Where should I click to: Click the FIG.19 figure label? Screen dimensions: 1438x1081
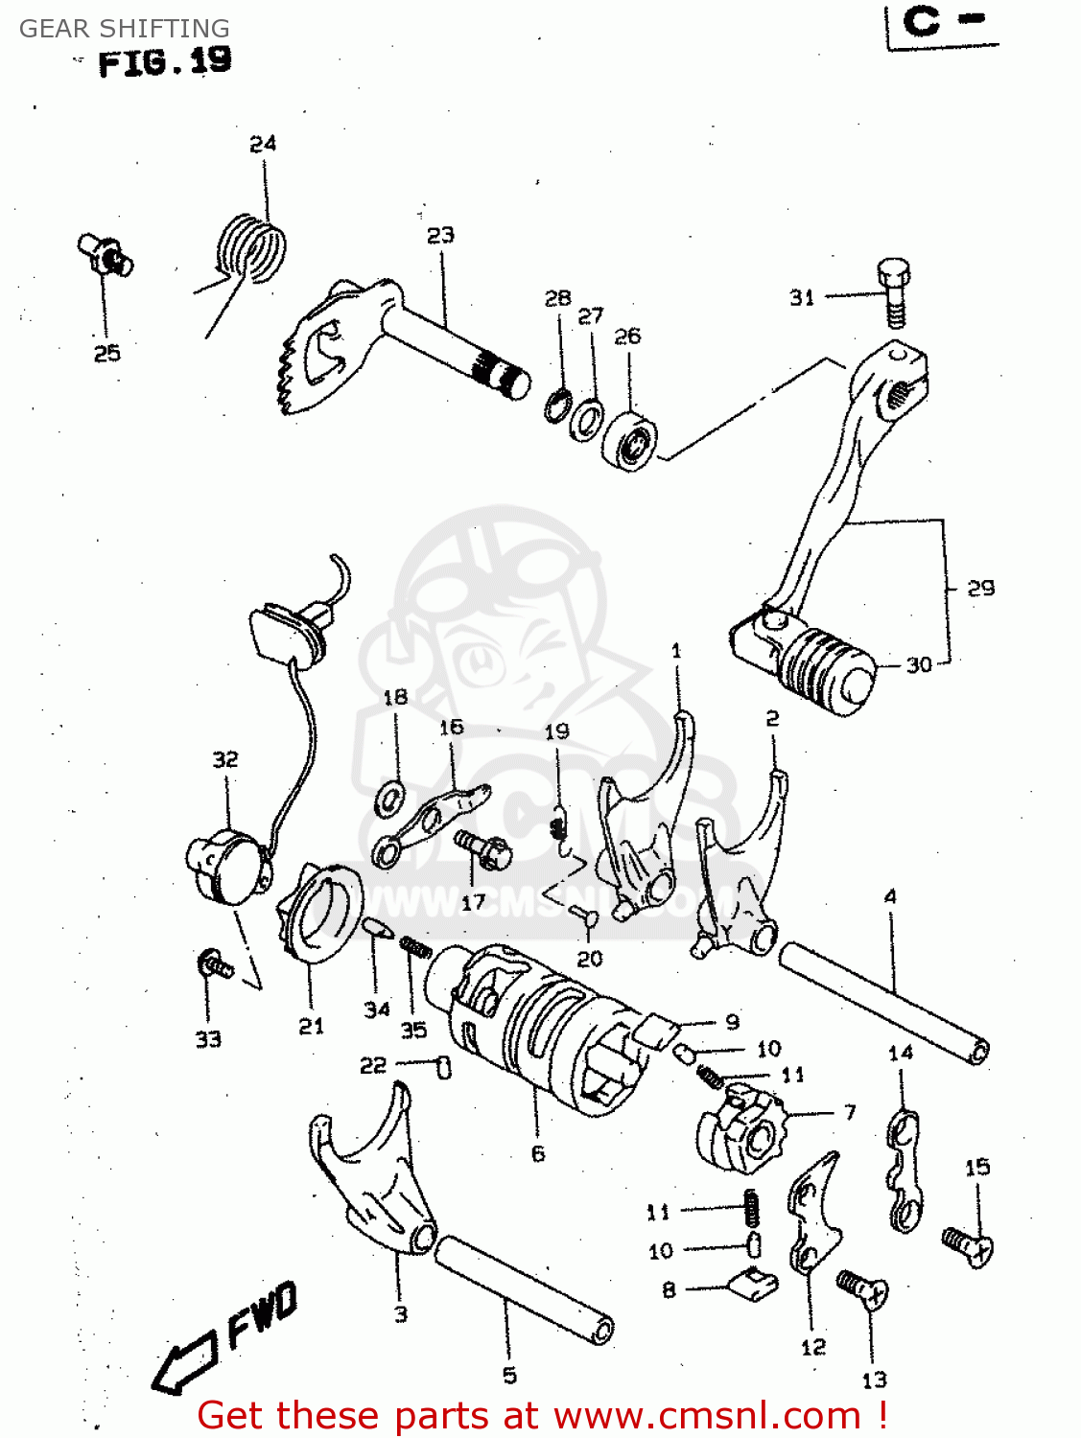pos(164,62)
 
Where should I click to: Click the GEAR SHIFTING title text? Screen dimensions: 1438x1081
pos(125,29)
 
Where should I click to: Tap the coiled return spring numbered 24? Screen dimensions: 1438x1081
pos(251,248)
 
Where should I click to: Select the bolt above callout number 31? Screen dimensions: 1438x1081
pos(893,291)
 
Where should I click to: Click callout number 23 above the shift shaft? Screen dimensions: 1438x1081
pos(440,236)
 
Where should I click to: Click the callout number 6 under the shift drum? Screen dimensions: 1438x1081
pos(538,1154)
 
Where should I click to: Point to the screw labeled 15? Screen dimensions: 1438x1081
pos(968,1246)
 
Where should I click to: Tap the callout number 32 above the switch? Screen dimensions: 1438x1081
pos(225,759)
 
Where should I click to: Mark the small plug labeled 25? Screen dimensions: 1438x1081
pos(104,254)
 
